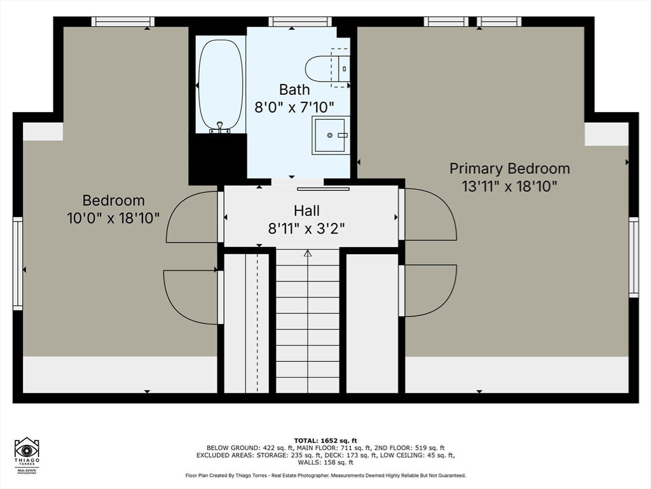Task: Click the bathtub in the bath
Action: (x=221, y=85)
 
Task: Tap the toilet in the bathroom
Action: (x=327, y=68)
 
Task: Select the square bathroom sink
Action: (x=331, y=135)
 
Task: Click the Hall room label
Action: (x=306, y=210)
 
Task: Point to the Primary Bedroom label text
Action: (x=509, y=168)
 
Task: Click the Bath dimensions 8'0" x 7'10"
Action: (x=294, y=107)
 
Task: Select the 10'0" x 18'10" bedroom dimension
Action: (x=113, y=218)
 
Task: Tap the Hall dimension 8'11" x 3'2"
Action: (x=306, y=229)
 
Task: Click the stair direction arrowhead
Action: (x=308, y=253)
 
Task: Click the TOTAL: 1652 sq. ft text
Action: (x=325, y=441)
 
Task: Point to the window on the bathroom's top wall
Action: (x=300, y=22)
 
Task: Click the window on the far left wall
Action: (x=18, y=263)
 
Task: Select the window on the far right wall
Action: (x=633, y=257)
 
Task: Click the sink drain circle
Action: (x=330, y=135)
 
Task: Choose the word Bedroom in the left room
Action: (x=113, y=201)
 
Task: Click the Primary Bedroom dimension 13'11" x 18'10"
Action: (x=509, y=186)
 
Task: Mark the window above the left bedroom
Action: (x=123, y=22)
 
